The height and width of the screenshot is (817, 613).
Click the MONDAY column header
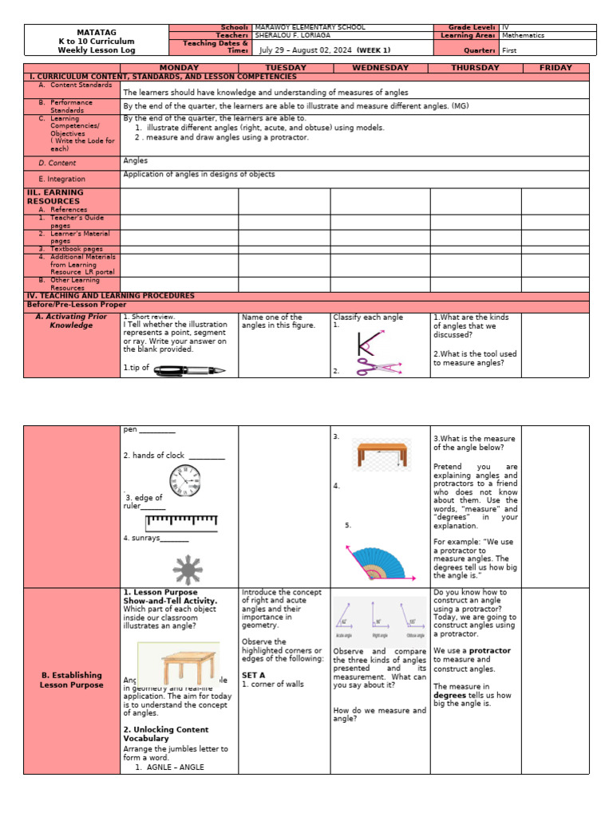point(179,68)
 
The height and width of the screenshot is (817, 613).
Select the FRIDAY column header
point(555,68)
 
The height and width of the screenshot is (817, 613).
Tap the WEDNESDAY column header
point(380,68)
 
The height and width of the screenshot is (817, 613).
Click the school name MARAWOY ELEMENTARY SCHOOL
point(305,28)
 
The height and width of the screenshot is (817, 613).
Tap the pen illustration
point(189,369)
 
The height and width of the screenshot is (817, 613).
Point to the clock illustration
point(184,481)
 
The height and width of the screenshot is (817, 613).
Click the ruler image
point(181,523)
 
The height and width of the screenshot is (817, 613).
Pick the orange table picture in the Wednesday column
point(382,455)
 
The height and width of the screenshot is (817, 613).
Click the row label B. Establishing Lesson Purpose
point(72,680)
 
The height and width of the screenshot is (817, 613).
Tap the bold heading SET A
point(253,675)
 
